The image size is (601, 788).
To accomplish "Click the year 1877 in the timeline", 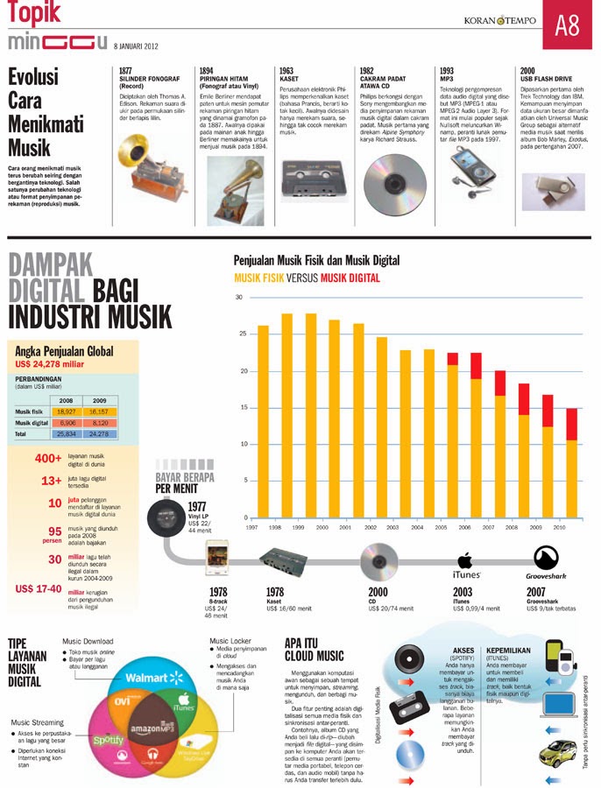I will pyautogui.click(x=126, y=69).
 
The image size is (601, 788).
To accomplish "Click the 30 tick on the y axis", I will pyautogui.click(x=239, y=298).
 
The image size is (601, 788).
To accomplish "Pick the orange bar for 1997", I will pyautogui.click(x=264, y=421).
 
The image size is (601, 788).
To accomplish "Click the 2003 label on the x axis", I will pyautogui.click(x=392, y=528).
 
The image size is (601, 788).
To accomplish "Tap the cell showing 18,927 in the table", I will pyautogui.click(x=66, y=410).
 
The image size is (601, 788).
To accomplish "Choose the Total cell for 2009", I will pyautogui.click(x=97, y=433).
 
